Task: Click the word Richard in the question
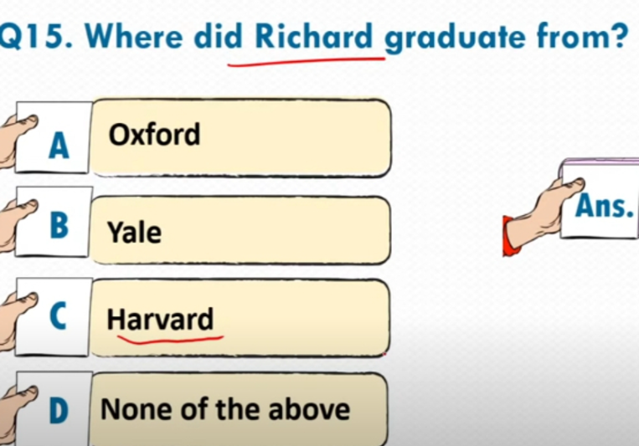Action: click(x=314, y=37)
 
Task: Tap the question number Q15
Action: click(x=36, y=38)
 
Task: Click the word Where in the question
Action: click(x=134, y=37)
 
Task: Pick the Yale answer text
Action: click(x=134, y=232)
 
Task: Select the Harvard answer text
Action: click(x=160, y=319)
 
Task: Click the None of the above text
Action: click(x=225, y=409)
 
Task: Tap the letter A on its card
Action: click(x=59, y=146)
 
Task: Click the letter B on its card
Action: click(x=59, y=225)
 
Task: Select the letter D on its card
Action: click(x=59, y=410)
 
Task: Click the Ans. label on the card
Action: click(x=605, y=206)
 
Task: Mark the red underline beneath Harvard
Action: click(x=170, y=340)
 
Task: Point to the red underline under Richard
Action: click(x=307, y=62)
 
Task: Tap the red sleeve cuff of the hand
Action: click(x=510, y=236)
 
